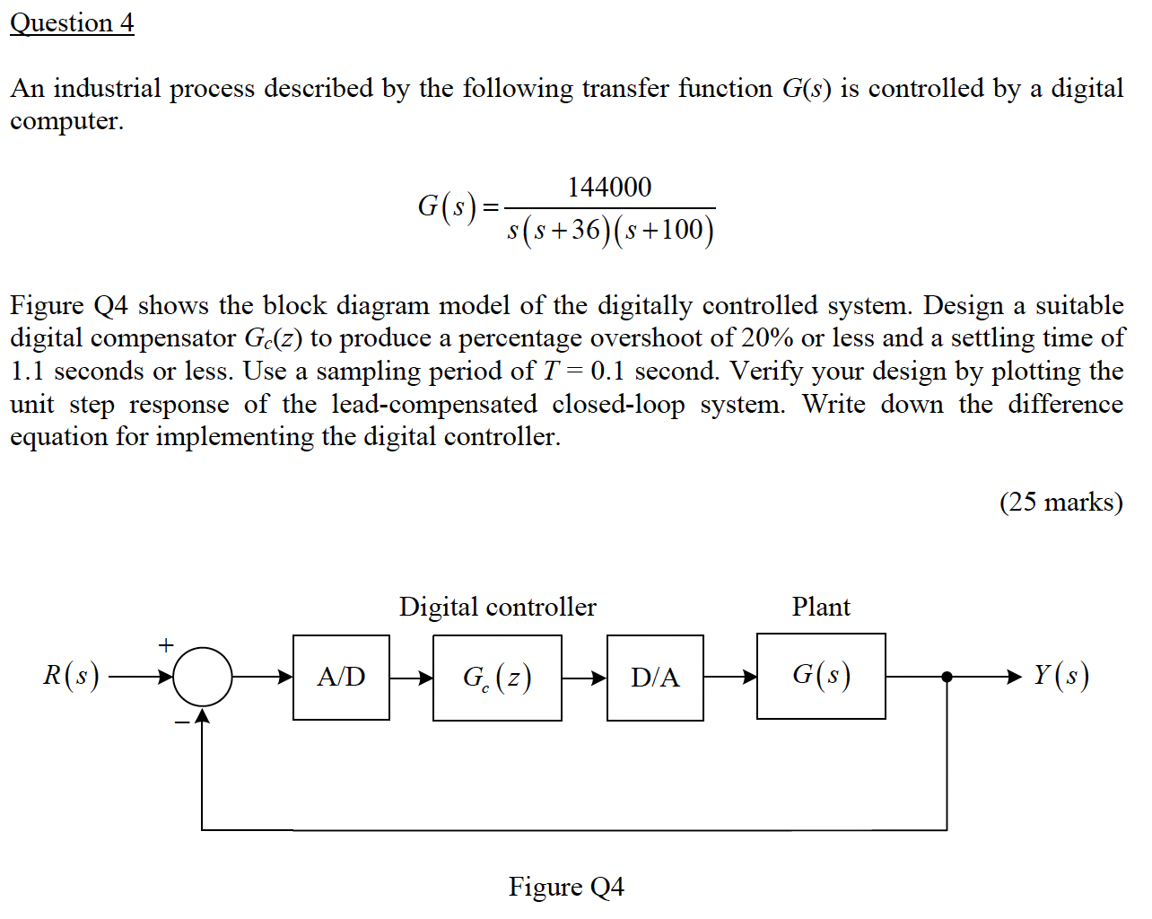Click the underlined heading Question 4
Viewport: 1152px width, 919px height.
72,22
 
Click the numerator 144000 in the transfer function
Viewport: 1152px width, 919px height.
609,187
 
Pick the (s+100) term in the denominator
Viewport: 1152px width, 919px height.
665,231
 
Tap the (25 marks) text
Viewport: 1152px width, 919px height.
1060,502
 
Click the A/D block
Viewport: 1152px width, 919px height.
341,678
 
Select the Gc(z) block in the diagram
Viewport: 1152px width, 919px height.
497,678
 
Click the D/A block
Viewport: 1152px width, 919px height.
655,678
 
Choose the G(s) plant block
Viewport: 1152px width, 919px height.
821,676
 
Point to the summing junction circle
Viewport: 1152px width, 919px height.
203,677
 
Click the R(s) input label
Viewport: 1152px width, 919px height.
71,675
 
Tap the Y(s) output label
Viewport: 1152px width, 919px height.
1060,675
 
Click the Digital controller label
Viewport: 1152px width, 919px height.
497,608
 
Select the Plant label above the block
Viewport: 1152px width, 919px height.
821,608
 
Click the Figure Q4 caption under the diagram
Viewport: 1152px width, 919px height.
566,887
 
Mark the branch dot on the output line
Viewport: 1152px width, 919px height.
947,677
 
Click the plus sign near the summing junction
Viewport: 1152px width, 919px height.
165,644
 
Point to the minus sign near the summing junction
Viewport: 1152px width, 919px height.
182,722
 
